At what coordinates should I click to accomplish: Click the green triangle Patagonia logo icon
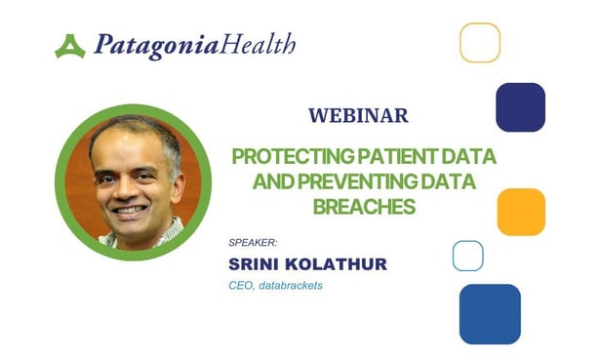[x=70, y=46]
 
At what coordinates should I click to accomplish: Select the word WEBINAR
[x=358, y=115]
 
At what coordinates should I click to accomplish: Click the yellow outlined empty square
[x=479, y=43]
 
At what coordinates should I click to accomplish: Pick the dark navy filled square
[x=520, y=107]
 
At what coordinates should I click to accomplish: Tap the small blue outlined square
[x=467, y=256]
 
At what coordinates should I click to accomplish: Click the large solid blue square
[x=490, y=314]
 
